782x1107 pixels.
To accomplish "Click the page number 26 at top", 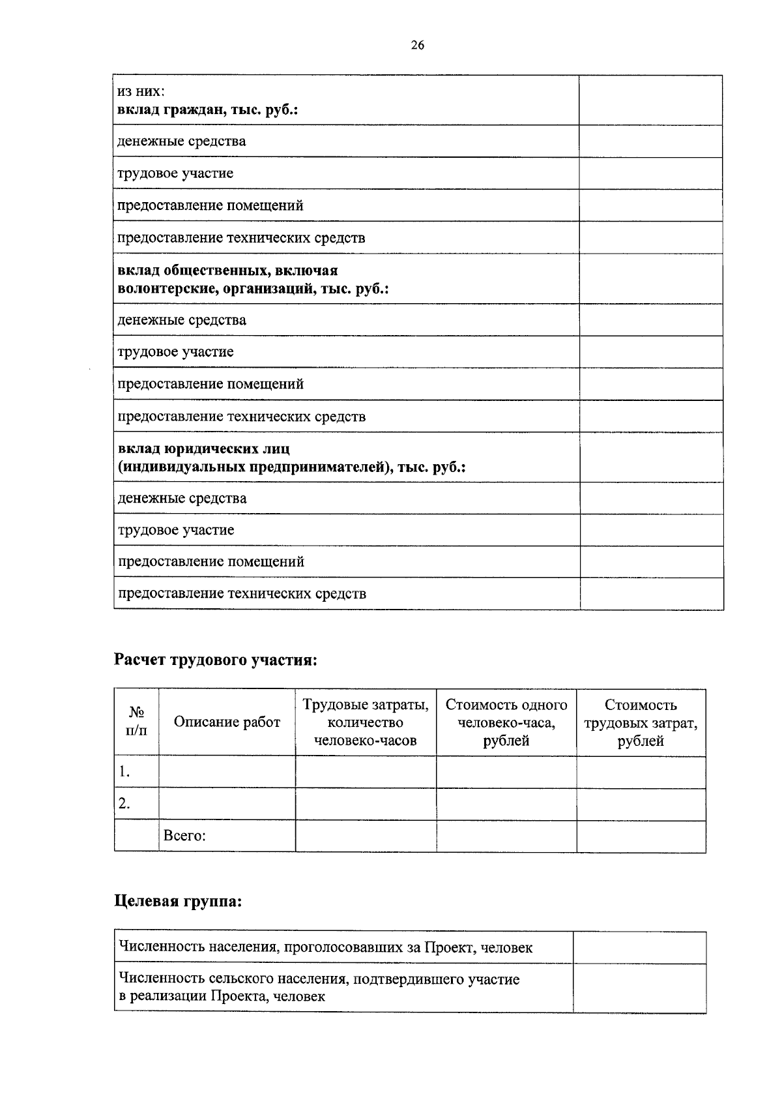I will [418, 45].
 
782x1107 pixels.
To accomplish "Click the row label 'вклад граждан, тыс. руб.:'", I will [207, 110].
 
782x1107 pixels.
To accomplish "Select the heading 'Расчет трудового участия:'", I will [216, 660].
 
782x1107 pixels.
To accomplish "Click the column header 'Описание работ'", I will [227, 722].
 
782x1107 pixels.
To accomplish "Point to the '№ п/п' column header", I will [136, 722].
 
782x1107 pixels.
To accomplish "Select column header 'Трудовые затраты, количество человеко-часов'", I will [365, 722].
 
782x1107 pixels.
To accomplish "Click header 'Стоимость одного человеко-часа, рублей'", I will [506, 722].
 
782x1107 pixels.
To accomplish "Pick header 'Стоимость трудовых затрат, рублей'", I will [641, 722].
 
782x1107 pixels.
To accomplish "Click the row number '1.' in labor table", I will [124, 773].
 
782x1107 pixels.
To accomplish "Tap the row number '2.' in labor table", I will [124, 804].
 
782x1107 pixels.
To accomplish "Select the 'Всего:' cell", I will [184, 836].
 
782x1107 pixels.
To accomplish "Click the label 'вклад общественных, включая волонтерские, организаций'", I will [253, 279].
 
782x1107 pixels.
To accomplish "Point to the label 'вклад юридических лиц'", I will [203, 449].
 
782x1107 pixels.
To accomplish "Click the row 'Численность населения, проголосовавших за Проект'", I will [325, 947].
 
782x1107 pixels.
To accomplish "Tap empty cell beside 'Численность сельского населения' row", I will [639, 988].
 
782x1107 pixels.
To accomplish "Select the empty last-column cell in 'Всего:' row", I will [641, 836].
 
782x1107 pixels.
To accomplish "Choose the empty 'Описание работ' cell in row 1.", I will [227, 773].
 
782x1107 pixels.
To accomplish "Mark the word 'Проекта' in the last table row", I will [239, 996].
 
